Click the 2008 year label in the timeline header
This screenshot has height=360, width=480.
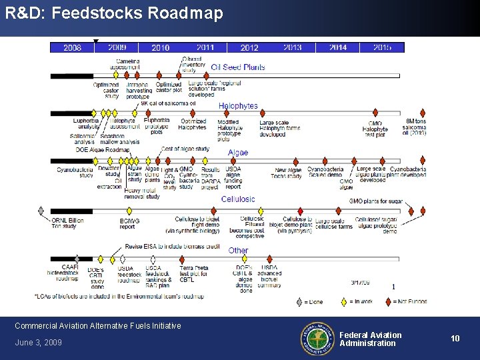(72, 47)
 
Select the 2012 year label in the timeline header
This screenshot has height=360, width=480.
(249, 47)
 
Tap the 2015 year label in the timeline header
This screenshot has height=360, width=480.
(382, 47)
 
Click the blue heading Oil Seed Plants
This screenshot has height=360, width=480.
(238, 67)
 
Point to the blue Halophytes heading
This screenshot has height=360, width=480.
(238, 106)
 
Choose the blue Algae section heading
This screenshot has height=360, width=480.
(238, 153)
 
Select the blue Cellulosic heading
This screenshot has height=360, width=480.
(238, 199)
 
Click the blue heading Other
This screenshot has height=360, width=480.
(238, 251)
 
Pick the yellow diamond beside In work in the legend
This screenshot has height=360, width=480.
(343, 301)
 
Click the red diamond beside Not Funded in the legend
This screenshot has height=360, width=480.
(389, 301)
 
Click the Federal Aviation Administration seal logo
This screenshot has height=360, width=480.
(317, 338)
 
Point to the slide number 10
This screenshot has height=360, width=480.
(455, 339)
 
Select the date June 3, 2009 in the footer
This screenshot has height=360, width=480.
(38, 343)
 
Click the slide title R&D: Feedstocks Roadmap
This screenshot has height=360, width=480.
(114, 13)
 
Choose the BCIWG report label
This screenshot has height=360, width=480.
(129, 223)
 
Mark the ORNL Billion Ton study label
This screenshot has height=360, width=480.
(67, 223)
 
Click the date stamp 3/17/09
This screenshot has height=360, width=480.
(361, 282)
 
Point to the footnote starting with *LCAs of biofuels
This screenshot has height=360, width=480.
(119, 296)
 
